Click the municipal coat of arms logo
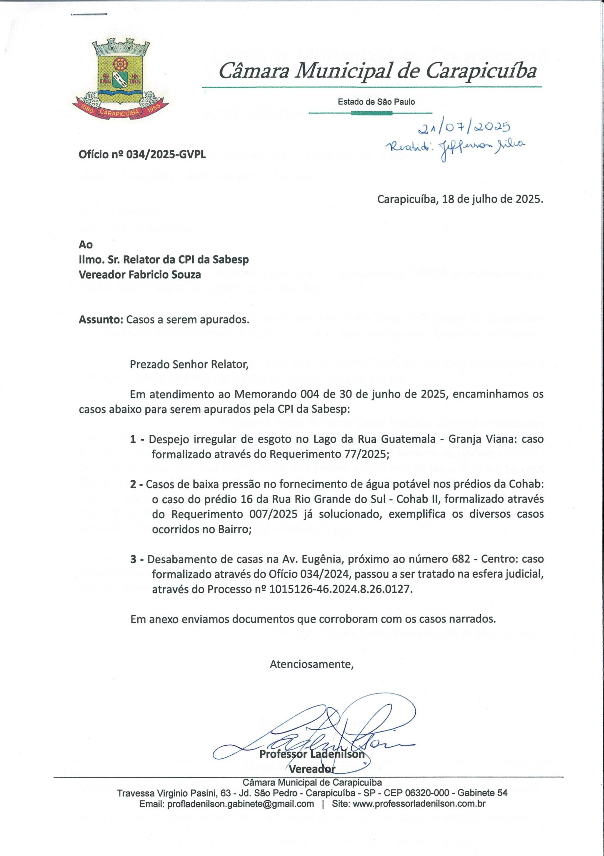pos(120,79)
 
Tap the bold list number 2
pos(133,484)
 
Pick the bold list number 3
pos(133,559)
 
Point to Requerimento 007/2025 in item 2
pos(234,515)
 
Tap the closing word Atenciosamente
pos(312,664)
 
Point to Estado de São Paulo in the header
pos(376,102)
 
